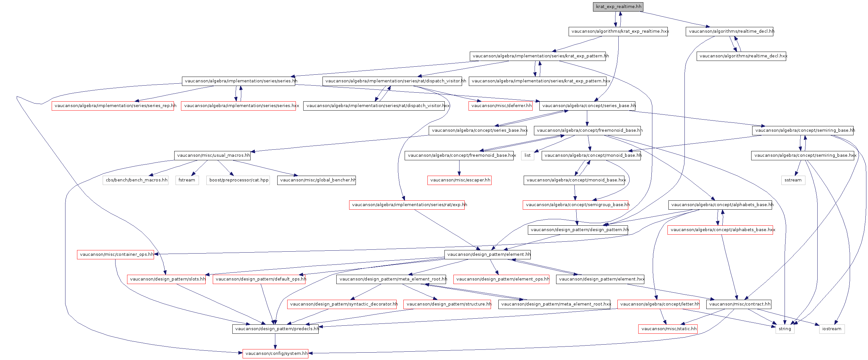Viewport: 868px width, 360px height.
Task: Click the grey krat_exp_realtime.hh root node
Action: click(618, 7)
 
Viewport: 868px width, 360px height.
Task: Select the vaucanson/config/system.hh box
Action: click(275, 353)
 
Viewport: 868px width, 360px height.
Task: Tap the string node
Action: click(785, 329)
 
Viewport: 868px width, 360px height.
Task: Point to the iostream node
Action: click(831, 329)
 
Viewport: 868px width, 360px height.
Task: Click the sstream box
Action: click(793, 180)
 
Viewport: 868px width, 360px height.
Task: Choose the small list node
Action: click(527, 155)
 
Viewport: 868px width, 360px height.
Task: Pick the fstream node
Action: click(187, 180)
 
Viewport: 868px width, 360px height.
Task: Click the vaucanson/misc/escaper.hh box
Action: click(459, 180)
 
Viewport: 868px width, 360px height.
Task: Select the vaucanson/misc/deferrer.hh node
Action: click(500, 106)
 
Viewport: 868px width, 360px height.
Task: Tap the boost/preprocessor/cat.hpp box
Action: click(238, 180)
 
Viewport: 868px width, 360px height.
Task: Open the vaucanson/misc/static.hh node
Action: click(668, 329)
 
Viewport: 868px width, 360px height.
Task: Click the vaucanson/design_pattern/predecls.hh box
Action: click(275, 329)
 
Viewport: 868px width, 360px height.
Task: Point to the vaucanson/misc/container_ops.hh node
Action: click(116, 254)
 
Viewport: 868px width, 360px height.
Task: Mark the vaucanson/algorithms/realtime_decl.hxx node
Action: click(741, 56)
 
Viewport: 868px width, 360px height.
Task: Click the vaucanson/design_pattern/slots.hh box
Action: click(167, 279)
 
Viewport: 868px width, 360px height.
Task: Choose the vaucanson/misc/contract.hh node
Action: click(739, 304)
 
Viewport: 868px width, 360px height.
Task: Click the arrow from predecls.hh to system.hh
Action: click(275, 341)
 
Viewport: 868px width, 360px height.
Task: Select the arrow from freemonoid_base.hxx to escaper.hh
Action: click(459, 168)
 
